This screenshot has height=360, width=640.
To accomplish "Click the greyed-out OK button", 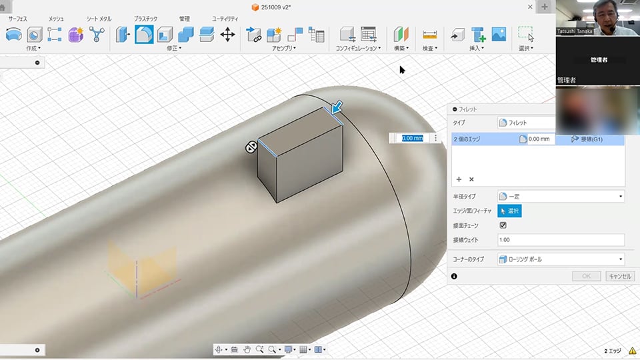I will click(586, 276).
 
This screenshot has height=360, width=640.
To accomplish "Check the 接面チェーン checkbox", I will click(503, 225).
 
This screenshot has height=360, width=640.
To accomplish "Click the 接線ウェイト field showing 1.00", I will click(560, 240).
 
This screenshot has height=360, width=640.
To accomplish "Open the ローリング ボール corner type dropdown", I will click(560, 259).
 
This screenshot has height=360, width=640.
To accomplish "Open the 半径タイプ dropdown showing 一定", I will click(560, 197).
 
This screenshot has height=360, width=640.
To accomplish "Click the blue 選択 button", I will click(509, 211).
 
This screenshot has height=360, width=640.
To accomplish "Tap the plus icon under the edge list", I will click(459, 179).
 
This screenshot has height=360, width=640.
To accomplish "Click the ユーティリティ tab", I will click(225, 19).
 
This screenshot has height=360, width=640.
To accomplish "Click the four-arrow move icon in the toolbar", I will click(227, 35).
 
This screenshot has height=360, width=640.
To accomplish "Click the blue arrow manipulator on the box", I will click(338, 106).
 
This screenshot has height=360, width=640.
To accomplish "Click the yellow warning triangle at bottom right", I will click(632, 351).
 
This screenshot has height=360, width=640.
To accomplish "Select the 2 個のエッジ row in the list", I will click(480, 139).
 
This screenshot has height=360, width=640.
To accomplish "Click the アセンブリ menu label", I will click(283, 49).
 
